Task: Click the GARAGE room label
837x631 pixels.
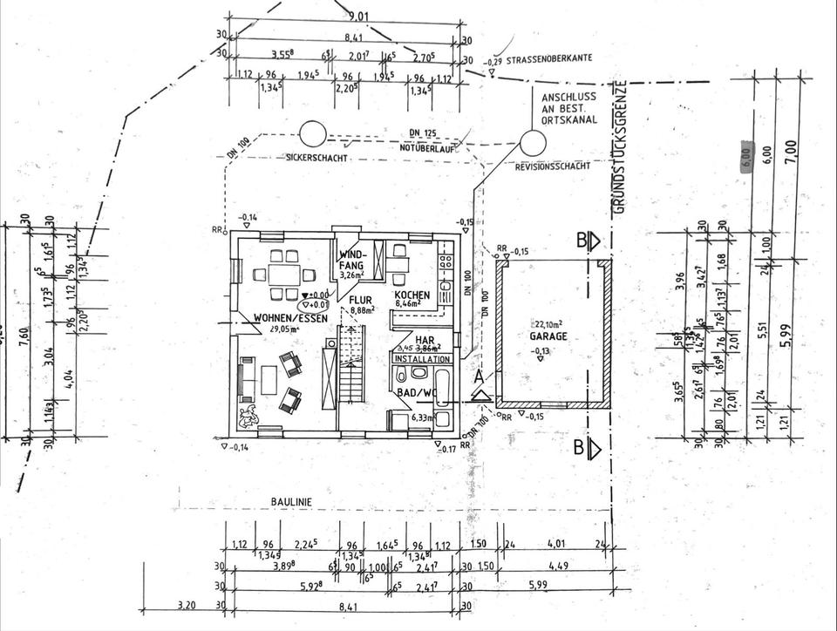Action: tap(548, 335)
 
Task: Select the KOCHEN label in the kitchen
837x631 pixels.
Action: tap(412, 295)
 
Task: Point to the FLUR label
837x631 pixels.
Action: tap(361, 299)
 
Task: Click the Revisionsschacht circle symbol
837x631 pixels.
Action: tap(529, 140)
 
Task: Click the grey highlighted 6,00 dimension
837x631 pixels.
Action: tap(745, 155)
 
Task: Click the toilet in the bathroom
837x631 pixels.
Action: tap(402, 376)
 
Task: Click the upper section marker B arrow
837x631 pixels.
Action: tap(595, 241)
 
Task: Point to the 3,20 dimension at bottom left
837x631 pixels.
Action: tap(187, 603)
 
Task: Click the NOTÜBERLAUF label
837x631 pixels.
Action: tap(421, 147)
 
